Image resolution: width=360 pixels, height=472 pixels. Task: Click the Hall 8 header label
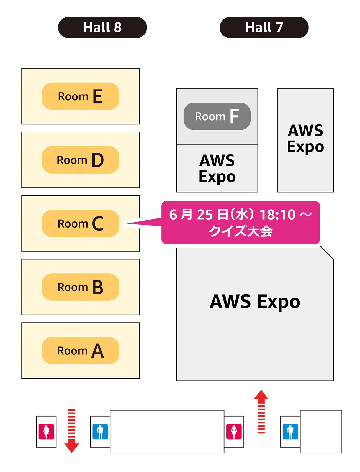click(x=102, y=27)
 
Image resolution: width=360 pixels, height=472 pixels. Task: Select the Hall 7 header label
click(x=264, y=27)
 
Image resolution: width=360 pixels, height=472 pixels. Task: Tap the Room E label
click(x=80, y=96)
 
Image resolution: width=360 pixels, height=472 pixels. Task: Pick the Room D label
click(x=80, y=160)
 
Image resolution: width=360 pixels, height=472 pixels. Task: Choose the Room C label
click(x=80, y=223)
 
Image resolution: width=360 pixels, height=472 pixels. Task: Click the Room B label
click(x=80, y=287)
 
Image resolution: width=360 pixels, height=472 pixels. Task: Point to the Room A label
click(x=80, y=351)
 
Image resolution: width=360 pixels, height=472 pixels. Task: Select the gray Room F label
click(x=217, y=116)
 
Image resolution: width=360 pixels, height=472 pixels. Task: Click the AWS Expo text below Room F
click(x=217, y=169)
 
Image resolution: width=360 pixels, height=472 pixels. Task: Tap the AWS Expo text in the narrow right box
click(x=305, y=139)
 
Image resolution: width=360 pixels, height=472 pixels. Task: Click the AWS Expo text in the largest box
click(x=255, y=302)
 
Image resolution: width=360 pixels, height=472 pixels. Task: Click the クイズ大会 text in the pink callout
click(x=241, y=231)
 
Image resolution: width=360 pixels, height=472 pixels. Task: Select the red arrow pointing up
click(x=261, y=412)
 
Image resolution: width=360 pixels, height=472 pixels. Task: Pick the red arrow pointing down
click(x=72, y=431)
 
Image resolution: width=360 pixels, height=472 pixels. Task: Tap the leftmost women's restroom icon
click(x=46, y=432)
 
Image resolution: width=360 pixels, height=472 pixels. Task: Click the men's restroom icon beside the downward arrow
click(x=100, y=432)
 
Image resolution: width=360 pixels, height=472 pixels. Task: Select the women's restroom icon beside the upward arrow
click(x=234, y=432)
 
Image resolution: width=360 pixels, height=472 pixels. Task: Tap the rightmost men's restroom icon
click(x=290, y=432)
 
